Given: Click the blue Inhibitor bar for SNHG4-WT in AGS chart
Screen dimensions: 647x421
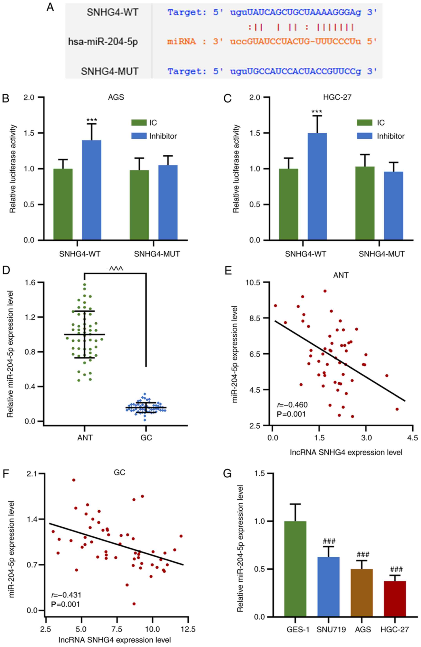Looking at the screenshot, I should click(92, 190).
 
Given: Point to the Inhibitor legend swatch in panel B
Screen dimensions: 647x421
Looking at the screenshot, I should click(139, 136).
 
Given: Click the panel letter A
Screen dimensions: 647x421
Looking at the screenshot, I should click(50, 7).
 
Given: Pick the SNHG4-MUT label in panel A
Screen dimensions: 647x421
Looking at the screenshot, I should click(110, 71).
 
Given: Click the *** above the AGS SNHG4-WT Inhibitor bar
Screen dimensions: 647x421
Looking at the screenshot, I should click(92, 120).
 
